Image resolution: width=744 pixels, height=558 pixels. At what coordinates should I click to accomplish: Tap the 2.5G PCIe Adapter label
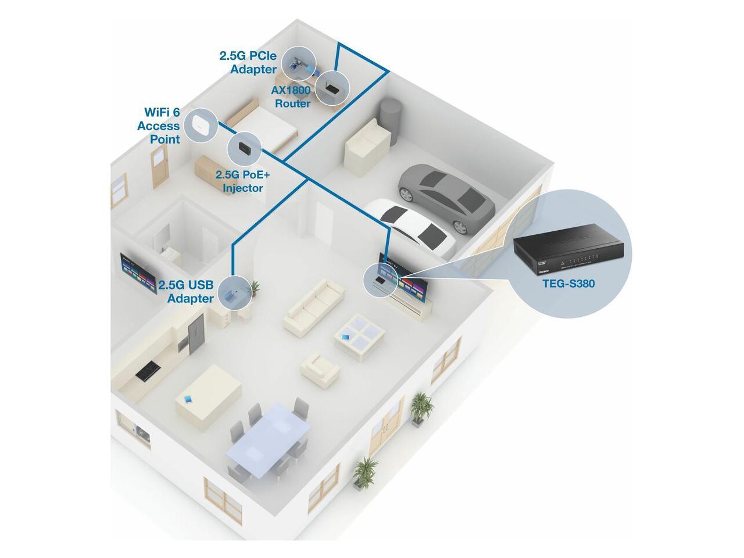pyautogui.click(x=248, y=62)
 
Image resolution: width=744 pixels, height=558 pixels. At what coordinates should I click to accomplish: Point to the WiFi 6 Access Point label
pyautogui.click(x=159, y=125)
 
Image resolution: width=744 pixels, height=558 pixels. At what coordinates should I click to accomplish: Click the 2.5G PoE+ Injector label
pyautogui.click(x=239, y=181)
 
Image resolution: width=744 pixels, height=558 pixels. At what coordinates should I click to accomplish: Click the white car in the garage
pyautogui.click(x=413, y=226)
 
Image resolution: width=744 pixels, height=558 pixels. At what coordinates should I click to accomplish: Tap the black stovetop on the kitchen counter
pyautogui.click(x=148, y=370)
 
